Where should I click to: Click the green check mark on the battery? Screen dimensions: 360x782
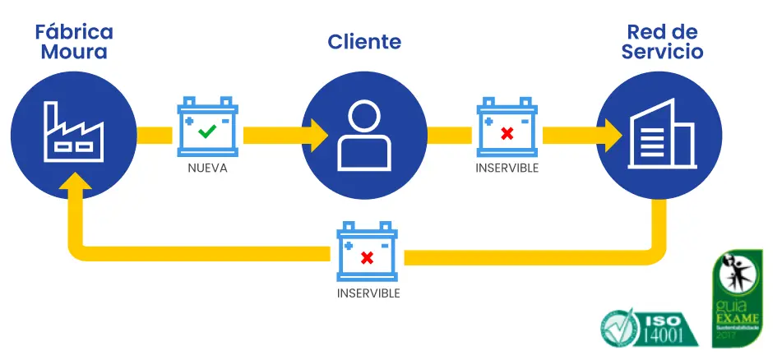(x=208, y=130)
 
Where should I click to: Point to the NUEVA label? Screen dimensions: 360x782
(x=207, y=168)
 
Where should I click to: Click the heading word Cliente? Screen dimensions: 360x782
(x=364, y=42)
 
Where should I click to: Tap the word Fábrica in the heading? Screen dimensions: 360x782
(x=74, y=32)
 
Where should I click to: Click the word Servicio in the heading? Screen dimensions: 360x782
(x=662, y=52)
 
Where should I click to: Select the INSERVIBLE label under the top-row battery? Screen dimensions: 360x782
(x=507, y=168)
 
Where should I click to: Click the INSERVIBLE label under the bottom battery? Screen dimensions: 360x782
(x=368, y=293)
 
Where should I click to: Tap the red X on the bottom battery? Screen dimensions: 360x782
(x=368, y=257)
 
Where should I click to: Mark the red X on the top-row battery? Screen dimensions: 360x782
(x=507, y=132)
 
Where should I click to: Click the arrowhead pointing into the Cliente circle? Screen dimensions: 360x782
(x=317, y=133)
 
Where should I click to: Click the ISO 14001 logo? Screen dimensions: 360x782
(x=649, y=326)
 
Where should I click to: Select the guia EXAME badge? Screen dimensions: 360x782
(x=737, y=297)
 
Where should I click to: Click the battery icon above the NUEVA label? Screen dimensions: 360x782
(x=208, y=127)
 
